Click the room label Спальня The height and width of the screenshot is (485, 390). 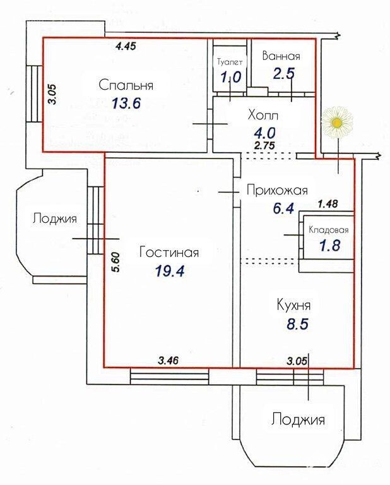coord(126,85)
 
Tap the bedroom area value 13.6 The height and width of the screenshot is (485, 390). coord(126,103)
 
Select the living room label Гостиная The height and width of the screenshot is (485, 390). coord(169,252)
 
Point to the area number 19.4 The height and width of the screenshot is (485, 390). coord(170,271)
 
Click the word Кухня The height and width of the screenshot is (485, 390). coord(293,305)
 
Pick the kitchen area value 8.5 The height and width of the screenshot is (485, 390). coord(298,324)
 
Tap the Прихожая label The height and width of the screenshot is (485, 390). coord(277,190)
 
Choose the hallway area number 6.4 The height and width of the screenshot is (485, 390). coord(283,208)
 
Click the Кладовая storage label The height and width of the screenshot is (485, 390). coord(329,230)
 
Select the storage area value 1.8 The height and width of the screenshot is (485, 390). coord(330,245)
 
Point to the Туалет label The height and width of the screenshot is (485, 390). coord(230,62)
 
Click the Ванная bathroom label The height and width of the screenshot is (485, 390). coord(281,56)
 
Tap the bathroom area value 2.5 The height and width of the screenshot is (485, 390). coord(284,74)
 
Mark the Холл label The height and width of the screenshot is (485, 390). coord(263,115)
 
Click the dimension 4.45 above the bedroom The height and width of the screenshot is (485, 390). coord(126,46)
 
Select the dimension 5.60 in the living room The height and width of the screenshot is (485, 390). coord(115,262)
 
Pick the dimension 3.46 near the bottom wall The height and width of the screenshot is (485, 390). coord(168,360)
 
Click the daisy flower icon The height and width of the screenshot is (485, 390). coord(336,123)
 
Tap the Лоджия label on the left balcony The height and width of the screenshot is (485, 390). coord(54,219)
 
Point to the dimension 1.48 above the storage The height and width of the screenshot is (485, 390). coord(328,203)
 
